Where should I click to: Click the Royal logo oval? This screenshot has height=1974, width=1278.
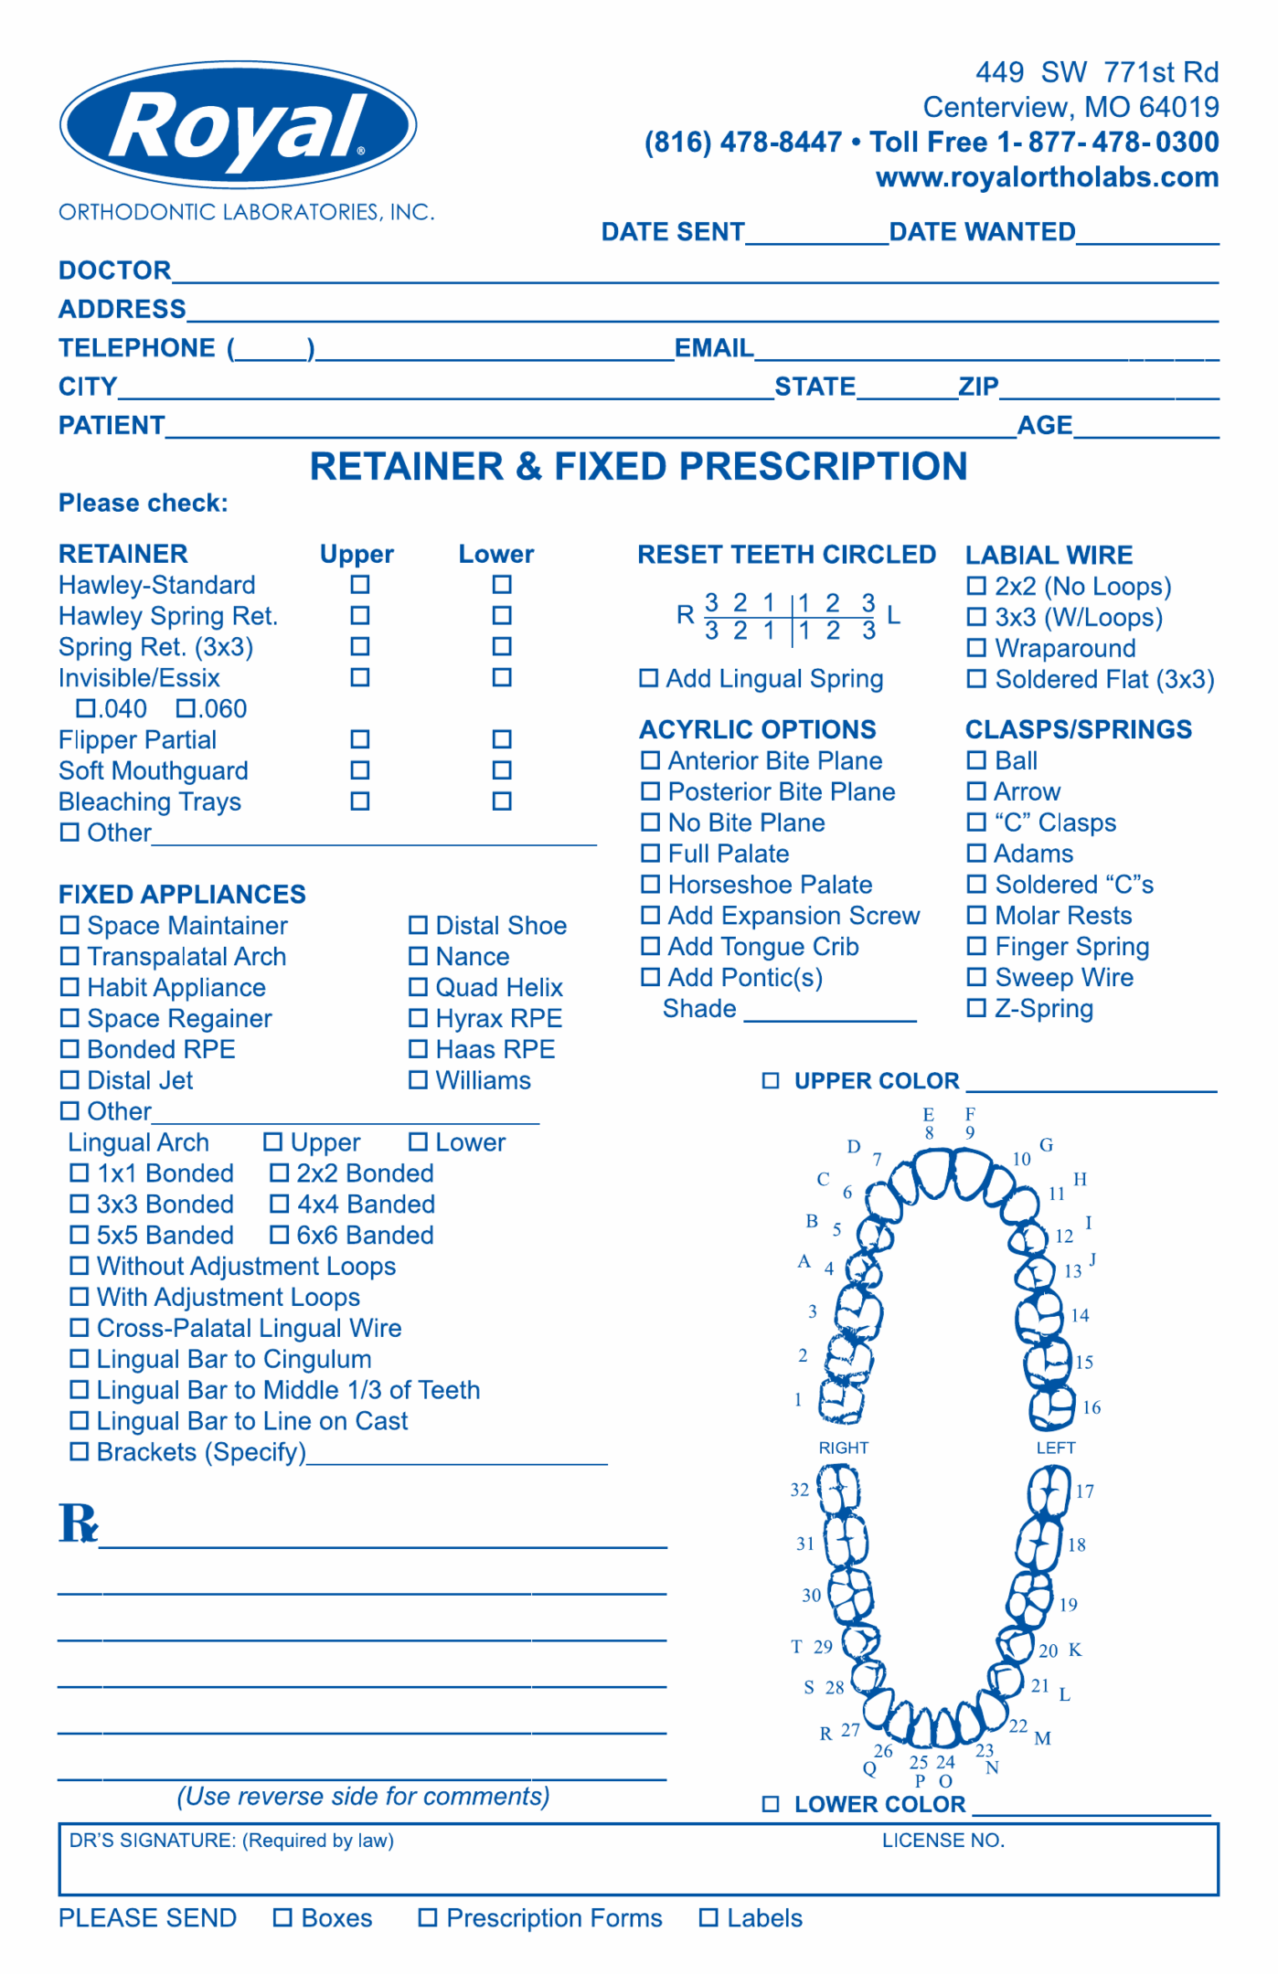pos(238,126)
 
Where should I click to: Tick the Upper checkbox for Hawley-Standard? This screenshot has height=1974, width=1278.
pos(360,584)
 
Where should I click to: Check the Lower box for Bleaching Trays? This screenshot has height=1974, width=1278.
pos(502,801)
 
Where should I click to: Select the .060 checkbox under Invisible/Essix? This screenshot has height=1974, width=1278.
pos(186,708)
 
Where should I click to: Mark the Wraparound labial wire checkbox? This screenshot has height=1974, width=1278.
pos(976,648)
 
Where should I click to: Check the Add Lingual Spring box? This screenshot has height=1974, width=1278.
pos(648,678)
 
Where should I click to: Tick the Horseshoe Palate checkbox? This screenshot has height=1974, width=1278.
pos(650,884)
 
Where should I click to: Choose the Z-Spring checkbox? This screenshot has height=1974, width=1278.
pos(976,1008)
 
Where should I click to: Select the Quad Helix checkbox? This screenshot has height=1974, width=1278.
pos(418,987)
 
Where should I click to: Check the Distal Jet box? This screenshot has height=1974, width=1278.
pos(69,1080)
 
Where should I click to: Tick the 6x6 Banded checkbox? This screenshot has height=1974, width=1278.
pos(280,1235)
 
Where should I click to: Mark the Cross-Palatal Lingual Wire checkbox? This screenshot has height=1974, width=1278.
pos(80,1328)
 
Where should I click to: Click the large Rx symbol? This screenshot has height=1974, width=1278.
pos(79,1523)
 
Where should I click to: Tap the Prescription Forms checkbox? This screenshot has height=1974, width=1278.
pos(428,1917)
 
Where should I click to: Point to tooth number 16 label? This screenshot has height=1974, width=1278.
pos(1092,1407)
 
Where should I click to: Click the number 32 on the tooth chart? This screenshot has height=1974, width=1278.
pos(800,1490)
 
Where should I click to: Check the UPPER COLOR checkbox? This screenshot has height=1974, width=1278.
pos(771,1081)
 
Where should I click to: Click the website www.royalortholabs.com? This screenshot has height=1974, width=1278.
pos(1047,177)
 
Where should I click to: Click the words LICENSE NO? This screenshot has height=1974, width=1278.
pos(943,1841)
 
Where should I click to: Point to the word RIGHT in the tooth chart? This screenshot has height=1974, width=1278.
pos(843,1448)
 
